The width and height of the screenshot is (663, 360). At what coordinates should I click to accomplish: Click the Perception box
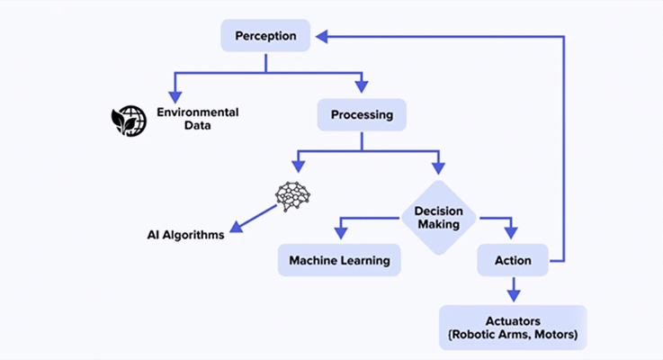[x=265, y=37]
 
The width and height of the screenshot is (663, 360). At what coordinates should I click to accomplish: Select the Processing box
[x=362, y=115]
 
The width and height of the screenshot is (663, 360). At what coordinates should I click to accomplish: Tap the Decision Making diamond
[x=438, y=217]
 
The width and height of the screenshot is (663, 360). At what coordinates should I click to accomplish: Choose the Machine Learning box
[x=339, y=260]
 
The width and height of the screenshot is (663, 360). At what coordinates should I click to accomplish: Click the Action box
[x=512, y=261]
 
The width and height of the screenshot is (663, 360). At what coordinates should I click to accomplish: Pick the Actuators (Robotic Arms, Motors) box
[x=513, y=328]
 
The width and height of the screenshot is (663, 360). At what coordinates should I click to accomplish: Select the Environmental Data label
[x=198, y=119]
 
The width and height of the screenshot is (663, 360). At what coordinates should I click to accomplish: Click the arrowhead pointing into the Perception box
[x=322, y=37]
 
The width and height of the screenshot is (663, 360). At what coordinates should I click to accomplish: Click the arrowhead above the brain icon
[x=296, y=166]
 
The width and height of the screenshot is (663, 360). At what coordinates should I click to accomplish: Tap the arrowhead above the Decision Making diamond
[x=438, y=166]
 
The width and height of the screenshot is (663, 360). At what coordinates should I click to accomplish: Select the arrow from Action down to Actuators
[x=513, y=291]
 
